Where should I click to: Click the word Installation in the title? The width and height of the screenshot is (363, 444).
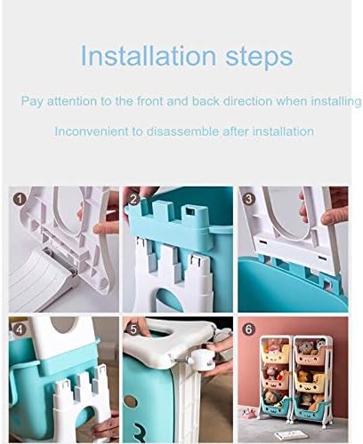coord(148,56)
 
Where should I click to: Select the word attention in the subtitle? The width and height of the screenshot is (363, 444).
coord(72,101)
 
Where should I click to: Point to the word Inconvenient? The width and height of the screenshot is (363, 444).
coord(92,131)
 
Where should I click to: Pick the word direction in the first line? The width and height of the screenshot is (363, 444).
coord(247,101)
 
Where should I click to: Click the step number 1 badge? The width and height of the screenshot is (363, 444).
coord(20,199)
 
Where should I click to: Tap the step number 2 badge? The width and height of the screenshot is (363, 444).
coord(133,199)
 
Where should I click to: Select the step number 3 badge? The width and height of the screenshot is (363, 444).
coord(248,199)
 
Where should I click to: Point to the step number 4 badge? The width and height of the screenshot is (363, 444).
coord(20,329)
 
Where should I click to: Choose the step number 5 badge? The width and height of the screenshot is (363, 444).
coord(133,329)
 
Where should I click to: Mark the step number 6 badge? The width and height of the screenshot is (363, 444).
coord(248,329)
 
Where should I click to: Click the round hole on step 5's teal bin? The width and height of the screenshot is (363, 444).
coord(130,402)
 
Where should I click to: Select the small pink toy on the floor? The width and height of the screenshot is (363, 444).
coord(246,413)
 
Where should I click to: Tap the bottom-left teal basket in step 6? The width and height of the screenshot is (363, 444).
coord(275,406)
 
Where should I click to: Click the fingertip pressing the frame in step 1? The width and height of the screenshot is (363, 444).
coord(99,229)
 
